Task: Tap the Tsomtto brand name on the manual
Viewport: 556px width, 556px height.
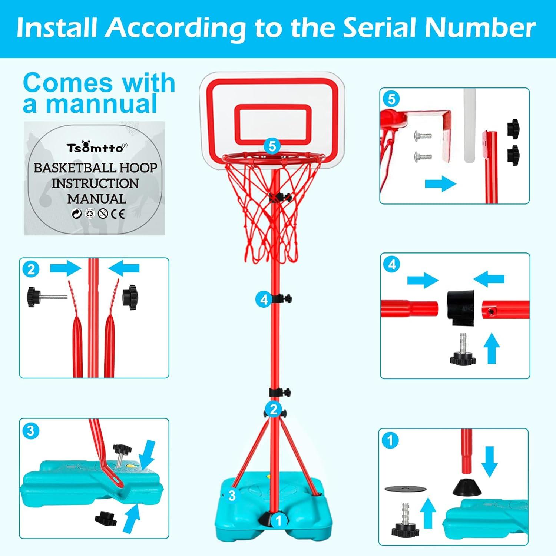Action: pos(95,148)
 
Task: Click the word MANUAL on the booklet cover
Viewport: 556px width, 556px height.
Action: pos(97,199)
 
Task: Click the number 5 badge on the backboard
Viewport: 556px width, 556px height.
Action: pos(272,146)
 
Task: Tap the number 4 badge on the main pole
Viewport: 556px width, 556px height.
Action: pos(264,299)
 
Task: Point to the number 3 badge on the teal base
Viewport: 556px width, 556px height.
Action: pos(232,495)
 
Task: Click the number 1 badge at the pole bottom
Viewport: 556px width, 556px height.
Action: pos(279,521)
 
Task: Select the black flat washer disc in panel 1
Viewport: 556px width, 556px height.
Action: pos(406,489)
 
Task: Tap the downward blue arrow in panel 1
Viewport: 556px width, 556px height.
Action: pos(490,461)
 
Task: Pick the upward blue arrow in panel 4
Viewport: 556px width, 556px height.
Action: pos(492,348)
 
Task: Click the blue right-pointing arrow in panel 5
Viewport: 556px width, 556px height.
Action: pos(440,183)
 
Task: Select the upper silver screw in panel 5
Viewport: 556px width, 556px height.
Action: pos(423,136)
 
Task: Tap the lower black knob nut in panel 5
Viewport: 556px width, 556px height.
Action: pos(513,154)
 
